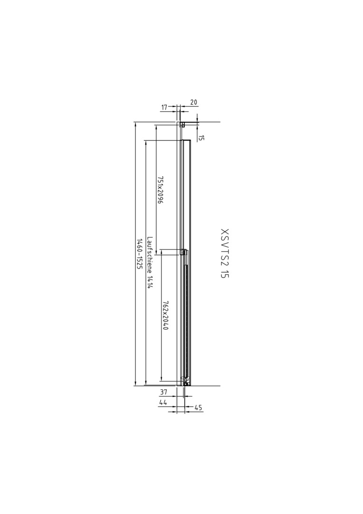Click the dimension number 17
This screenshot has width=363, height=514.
point(164,107)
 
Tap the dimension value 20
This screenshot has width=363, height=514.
point(194,102)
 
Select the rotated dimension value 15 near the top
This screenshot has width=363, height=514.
point(201,138)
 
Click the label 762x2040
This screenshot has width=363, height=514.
point(165,316)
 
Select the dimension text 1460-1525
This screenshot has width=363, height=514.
point(139,254)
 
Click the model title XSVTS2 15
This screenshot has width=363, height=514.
point(225,253)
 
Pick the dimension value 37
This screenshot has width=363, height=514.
point(163,392)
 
